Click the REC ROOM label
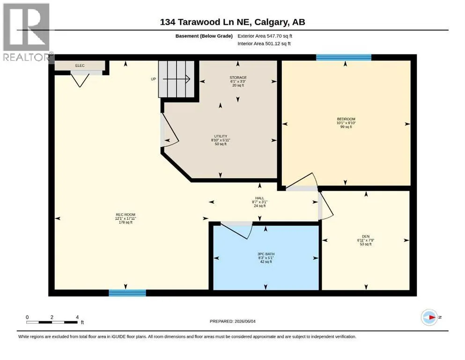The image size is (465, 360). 125,215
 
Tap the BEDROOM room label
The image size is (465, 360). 346,119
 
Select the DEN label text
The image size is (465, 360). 365,237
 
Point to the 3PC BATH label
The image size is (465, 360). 266,254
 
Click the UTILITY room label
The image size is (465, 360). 221,136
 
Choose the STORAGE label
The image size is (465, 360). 238,77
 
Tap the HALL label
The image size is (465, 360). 259,198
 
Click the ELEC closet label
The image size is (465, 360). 80,66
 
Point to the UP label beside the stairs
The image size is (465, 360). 153,79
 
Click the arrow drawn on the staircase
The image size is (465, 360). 176,79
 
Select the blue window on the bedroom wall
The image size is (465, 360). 344,58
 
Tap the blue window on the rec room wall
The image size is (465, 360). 127,293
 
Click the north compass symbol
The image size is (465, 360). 429,317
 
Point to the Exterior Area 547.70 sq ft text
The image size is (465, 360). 265,36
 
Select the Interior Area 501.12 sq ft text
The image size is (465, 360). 264,44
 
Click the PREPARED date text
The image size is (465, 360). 232,321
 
